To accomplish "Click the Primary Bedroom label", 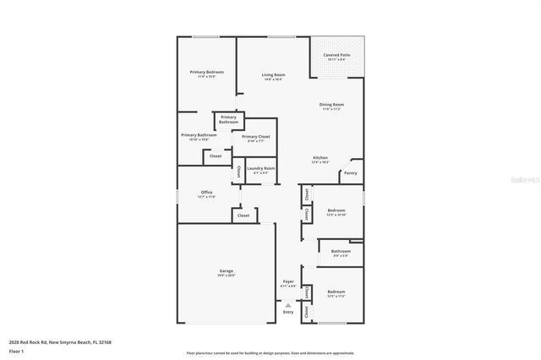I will [x=206, y=73].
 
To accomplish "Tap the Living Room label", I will [x=273, y=76].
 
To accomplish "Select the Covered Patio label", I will [x=336, y=56].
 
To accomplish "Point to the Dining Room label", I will [x=331, y=105].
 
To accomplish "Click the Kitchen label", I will [x=320, y=158].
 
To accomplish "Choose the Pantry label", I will [x=350, y=173].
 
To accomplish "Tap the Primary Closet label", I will [x=255, y=137].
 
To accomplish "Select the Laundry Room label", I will [x=260, y=168].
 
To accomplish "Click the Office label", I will [x=206, y=193].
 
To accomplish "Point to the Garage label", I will [x=226, y=270].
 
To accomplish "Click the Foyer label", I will [x=288, y=282].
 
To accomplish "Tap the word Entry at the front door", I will [x=288, y=312].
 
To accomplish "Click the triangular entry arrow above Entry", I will [x=288, y=304].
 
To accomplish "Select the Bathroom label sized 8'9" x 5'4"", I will [x=341, y=251].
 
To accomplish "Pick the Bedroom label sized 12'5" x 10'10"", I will [x=336, y=210].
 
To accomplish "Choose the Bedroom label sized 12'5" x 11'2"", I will [x=336, y=292].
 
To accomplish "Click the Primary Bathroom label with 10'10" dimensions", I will [x=194, y=135].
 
